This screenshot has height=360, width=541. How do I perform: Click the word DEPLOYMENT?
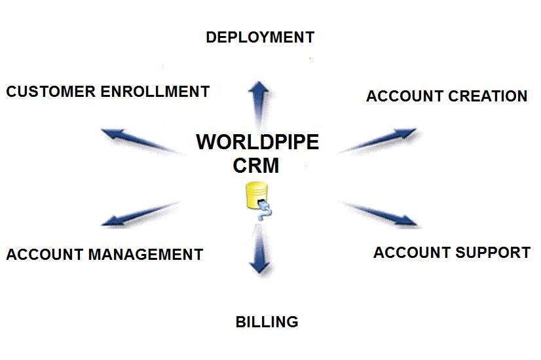click(x=260, y=37)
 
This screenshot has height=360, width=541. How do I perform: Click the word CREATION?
click(x=488, y=96)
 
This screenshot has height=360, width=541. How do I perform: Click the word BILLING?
click(x=267, y=322)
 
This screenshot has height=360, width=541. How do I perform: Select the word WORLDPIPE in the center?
click(x=257, y=142)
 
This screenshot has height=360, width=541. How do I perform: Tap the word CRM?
click(x=256, y=166)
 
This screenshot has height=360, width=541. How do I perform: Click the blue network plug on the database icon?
click(x=265, y=207)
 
